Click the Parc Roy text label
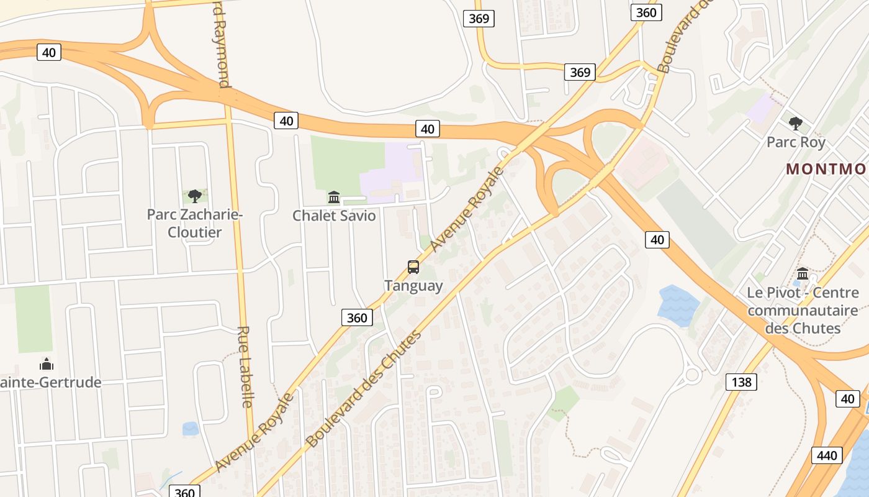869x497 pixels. [796, 142]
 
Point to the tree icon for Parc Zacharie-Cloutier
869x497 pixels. [194, 196]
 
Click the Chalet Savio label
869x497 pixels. [334, 216]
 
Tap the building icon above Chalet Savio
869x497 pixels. [334, 198]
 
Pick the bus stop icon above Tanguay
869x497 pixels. [413, 267]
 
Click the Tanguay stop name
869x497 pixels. [413, 286]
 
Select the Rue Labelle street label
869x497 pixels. [245, 367]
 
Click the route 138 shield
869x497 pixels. [741, 381]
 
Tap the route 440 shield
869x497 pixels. [827, 455]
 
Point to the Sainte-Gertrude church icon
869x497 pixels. [47, 364]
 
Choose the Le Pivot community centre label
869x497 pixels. [803, 310]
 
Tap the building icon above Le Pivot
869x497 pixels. [803, 273]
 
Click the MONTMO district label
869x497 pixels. [826, 169]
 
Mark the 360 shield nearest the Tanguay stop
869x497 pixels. [357, 317]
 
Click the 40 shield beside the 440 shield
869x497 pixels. [848, 398]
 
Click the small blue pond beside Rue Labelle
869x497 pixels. [191, 429]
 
